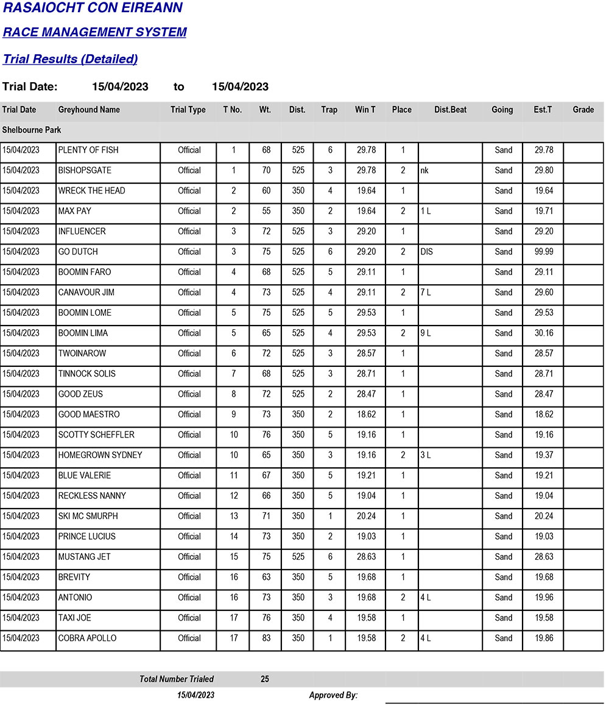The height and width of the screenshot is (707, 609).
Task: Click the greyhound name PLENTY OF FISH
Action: coord(88,150)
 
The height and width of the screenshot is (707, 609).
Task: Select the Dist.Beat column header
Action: coord(451,110)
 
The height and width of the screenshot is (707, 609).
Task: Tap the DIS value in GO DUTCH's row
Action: coord(426,252)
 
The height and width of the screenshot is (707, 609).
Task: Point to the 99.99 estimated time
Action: coord(544,252)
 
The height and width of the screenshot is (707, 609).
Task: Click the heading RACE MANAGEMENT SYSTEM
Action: coord(95,32)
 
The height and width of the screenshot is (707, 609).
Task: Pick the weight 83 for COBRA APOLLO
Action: coord(266,638)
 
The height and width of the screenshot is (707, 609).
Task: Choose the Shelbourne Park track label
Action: coord(32,130)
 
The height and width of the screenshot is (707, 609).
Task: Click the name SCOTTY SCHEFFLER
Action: coord(96,435)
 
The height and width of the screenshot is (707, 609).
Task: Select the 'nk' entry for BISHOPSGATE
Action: coord(424,171)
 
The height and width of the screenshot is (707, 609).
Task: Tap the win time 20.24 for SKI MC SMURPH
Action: coord(366,516)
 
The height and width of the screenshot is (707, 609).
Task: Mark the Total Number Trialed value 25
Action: coord(265,679)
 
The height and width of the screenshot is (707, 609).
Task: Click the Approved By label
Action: coord(333,695)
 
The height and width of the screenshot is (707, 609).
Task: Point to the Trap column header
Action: coord(329,110)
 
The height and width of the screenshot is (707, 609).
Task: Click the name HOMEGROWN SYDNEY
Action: coord(100,455)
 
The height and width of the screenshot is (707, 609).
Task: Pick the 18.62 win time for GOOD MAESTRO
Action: coord(366,414)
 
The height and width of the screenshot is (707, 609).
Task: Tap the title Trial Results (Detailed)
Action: coord(70,59)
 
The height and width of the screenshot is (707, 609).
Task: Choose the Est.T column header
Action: coord(543,110)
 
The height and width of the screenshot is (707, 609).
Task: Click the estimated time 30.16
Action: coord(544,333)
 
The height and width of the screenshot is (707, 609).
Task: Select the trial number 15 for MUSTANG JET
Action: coord(234,557)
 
